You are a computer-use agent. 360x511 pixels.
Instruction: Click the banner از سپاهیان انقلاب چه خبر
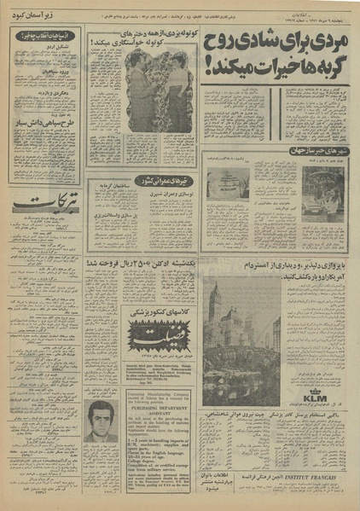point(44,37)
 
